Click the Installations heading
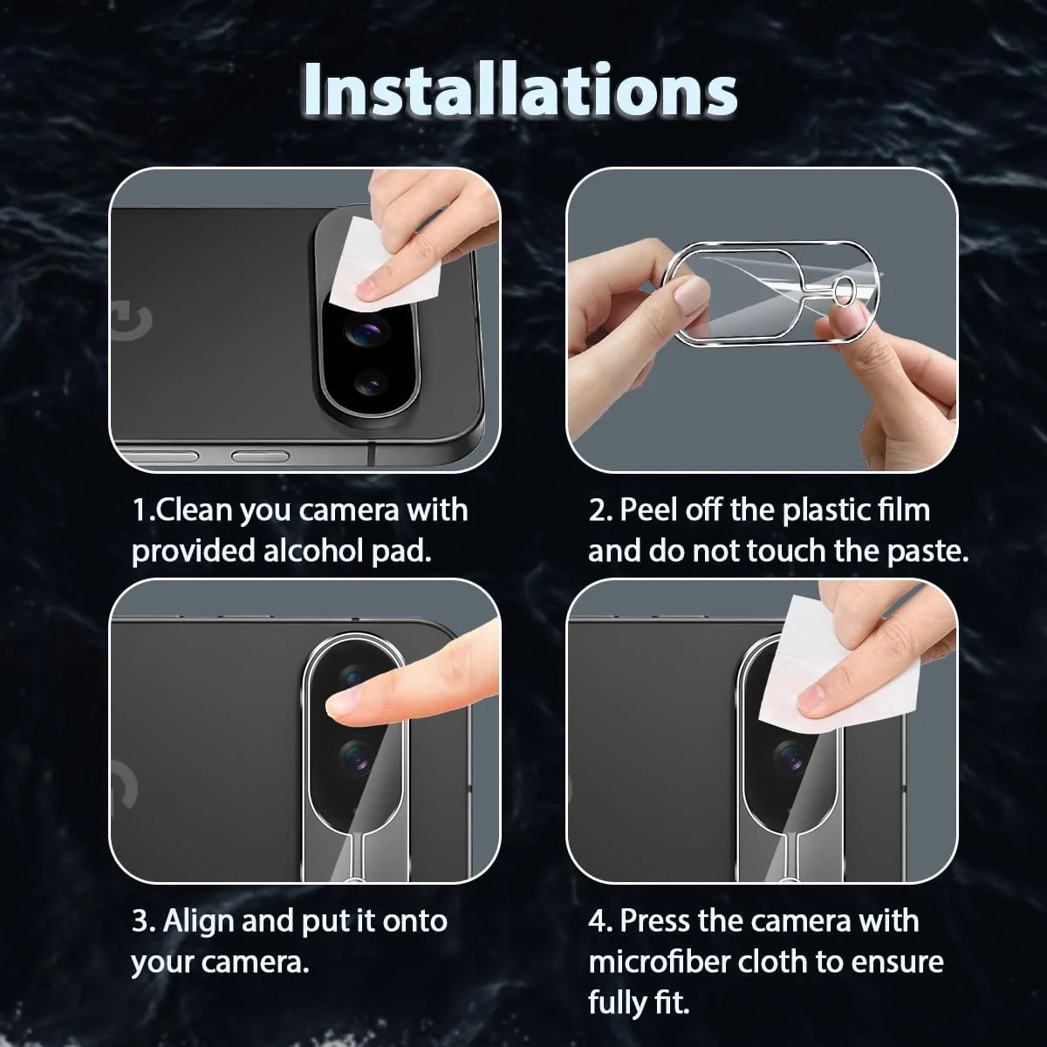(x=520, y=90)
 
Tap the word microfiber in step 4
(x=659, y=961)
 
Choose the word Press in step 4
(x=655, y=920)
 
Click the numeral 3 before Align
(x=140, y=921)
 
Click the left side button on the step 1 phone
(x=161, y=455)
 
